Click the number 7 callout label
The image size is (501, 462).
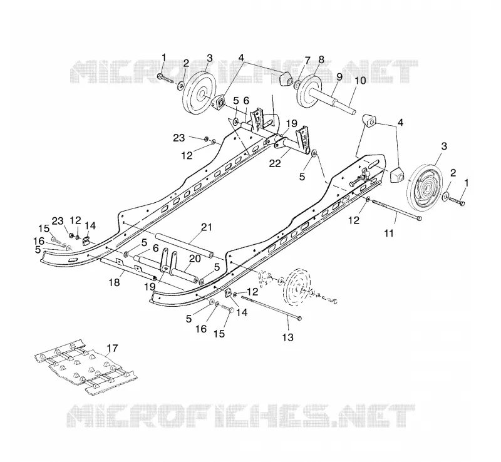point(307,60)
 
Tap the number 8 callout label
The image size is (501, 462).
point(321,59)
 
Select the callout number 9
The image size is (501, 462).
point(339,76)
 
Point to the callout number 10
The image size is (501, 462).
point(360,80)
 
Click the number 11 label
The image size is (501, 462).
point(388,234)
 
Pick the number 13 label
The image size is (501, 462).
point(288,337)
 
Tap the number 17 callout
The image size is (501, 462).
point(113,348)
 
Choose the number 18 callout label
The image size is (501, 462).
point(115,282)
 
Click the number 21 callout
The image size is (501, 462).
point(207,227)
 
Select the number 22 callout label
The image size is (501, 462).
point(275,163)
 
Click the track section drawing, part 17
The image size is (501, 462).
point(86,367)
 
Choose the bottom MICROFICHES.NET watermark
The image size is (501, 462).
point(240,415)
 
